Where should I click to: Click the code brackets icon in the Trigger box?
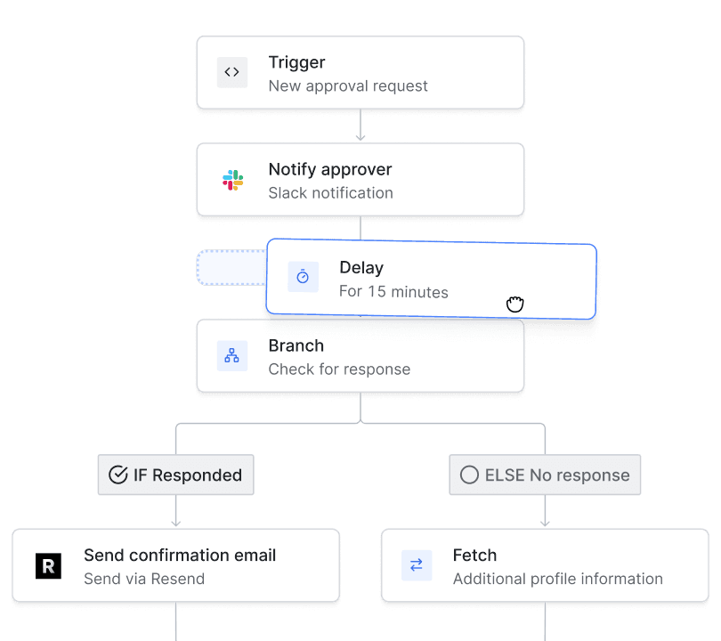click(x=232, y=73)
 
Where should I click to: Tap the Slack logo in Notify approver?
click(x=233, y=181)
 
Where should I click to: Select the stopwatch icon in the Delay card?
click(x=303, y=278)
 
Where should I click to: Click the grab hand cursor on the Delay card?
click(x=514, y=304)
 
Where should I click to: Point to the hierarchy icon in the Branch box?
click(x=232, y=356)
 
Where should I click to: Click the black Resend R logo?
click(x=48, y=566)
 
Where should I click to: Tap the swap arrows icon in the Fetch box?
click(x=416, y=565)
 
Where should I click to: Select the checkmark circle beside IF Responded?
click(x=117, y=475)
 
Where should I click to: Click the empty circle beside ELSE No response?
click(x=469, y=475)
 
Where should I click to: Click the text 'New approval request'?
click(x=348, y=86)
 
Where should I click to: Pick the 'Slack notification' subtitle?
click(x=330, y=193)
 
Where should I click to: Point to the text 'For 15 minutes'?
click(x=393, y=292)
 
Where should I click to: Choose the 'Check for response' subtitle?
click(x=339, y=369)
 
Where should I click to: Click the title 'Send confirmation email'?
click(x=180, y=556)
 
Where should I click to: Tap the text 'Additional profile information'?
click(x=557, y=579)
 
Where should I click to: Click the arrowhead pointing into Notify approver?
click(x=360, y=137)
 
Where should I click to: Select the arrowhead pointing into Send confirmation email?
click(x=176, y=523)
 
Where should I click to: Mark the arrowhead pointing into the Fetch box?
click(x=545, y=523)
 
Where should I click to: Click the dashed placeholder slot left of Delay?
click(x=231, y=268)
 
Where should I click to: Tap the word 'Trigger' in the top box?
click(x=296, y=62)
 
